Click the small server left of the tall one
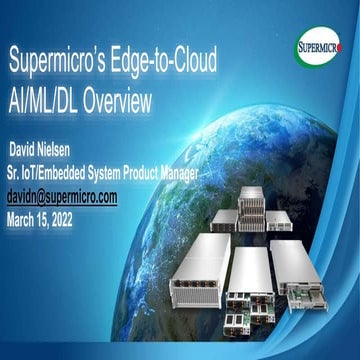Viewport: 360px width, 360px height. point(224,219)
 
